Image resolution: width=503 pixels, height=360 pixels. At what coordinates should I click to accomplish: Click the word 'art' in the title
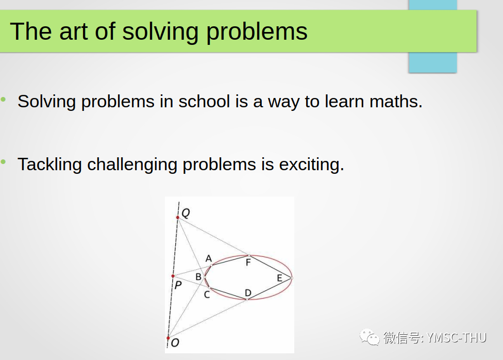[73, 32]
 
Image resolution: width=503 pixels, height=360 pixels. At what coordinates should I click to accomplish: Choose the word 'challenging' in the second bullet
[132, 165]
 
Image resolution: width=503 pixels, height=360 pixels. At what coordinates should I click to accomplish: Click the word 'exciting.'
[311, 165]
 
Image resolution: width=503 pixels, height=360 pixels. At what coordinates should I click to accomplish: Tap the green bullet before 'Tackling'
[3, 162]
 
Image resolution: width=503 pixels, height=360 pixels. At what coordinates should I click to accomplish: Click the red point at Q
[178, 218]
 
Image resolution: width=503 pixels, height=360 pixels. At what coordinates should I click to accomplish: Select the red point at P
[173, 276]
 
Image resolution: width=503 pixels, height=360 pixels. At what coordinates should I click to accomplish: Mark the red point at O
[168, 338]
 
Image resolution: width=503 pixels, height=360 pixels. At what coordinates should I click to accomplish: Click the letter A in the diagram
[209, 258]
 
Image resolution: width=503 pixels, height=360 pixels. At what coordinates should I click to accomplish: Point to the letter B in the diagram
[198, 277]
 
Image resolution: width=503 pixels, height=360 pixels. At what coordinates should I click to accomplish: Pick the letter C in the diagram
[207, 294]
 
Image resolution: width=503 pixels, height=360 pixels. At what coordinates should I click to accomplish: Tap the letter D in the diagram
[248, 293]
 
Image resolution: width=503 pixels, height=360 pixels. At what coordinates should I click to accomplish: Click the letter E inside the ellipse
[279, 278]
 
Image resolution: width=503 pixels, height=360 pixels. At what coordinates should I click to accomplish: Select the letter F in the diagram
[248, 263]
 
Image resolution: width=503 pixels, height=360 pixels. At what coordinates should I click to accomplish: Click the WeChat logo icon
[369, 337]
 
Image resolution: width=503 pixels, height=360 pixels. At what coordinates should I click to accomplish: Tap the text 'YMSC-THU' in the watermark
[457, 338]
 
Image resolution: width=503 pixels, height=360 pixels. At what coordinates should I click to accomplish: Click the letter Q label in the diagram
[186, 212]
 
